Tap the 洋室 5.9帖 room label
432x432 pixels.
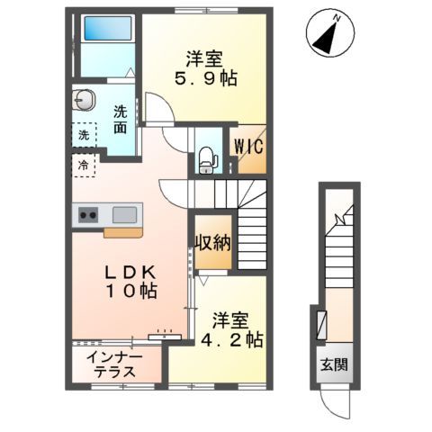point(205,69)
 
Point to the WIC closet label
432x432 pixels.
point(248,147)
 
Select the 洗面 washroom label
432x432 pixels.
point(121,121)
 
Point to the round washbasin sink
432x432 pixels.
point(84,100)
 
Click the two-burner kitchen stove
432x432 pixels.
point(89,214)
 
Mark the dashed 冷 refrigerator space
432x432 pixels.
point(84,165)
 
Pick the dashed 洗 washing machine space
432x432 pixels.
point(84,136)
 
